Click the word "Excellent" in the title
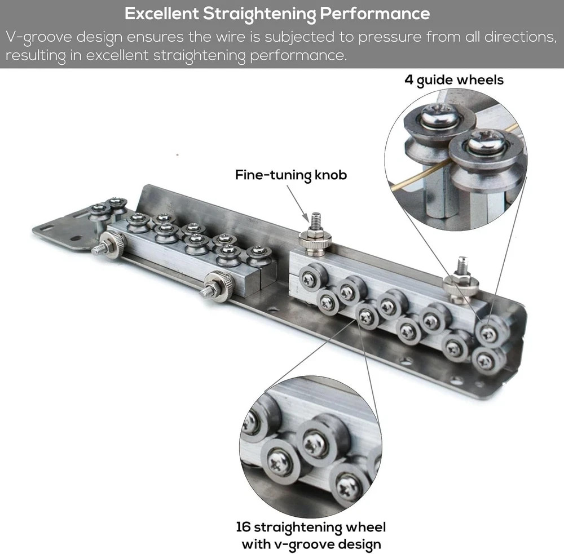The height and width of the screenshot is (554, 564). (x=161, y=14)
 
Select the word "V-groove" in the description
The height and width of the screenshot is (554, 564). (x=39, y=38)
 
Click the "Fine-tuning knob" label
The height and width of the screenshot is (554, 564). (x=291, y=175)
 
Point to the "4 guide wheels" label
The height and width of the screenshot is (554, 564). (x=454, y=80)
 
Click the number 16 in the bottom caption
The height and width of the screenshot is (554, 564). (x=243, y=527)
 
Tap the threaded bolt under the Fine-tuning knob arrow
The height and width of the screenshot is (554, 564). (x=315, y=220)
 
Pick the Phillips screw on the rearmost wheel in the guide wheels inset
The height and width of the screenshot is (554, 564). (x=441, y=115)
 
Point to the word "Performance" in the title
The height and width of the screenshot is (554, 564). (x=375, y=14)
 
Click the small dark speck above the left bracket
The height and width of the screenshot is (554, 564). (x=177, y=155)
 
